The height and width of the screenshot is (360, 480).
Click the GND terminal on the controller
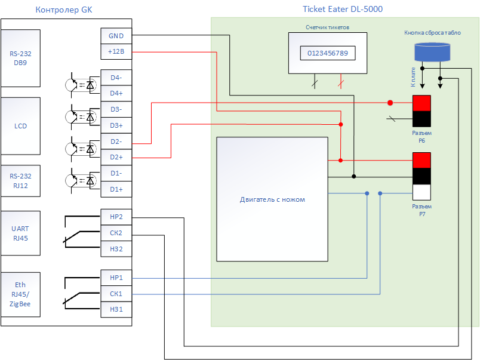(x=116, y=36)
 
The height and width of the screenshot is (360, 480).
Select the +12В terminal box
(x=116, y=51)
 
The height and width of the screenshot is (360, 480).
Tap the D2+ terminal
(x=116, y=157)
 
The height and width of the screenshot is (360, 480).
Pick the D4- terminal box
(x=116, y=78)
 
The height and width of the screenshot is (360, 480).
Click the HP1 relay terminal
(x=116, y=278)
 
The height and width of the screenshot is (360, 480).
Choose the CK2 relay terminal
(x=116, y=233)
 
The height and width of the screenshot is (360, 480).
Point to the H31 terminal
(x=116, y=309)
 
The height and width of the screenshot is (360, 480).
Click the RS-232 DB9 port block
(x=20, y=58)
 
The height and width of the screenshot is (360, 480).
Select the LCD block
(x=20, y=126)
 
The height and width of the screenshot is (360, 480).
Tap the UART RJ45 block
(x=20, y=233)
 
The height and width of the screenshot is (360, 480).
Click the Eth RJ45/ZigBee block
(x=20, y=294)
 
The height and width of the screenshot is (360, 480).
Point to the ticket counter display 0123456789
(x=328, y=53)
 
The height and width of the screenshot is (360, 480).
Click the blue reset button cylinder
(x=432, y=53)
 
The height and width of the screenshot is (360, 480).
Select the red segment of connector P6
(x=421, y=103)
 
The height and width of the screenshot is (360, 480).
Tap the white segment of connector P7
(x=421, y=192)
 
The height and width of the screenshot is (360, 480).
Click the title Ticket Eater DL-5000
(x=343, y=9)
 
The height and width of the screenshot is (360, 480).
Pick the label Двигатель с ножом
(x=272, y=199)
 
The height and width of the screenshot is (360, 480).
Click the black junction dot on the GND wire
(x=353, y=176)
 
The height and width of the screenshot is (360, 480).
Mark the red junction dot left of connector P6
(x=390, y=103)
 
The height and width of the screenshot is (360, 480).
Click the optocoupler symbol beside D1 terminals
(x=81, y=181)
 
